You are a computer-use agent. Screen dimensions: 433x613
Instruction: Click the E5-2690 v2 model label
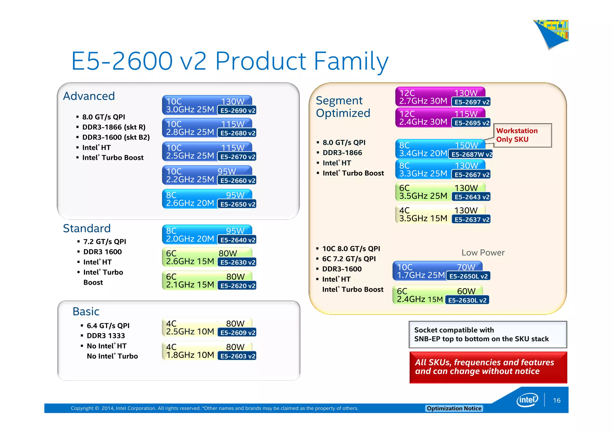pyautogui.click(x=237, y=110)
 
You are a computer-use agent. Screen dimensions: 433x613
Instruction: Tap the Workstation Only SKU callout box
pyautogui.click(x=522, y=135)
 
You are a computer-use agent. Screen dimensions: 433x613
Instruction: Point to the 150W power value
pyautogui.click(x=466, y=145)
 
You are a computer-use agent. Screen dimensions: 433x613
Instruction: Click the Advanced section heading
pyautogui.click(x=89, y=96)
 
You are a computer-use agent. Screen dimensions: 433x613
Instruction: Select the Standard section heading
pyautogui.click(x=87, y=228)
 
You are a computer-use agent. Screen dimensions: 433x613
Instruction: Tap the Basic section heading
pyautogui.click(x=86, y=312)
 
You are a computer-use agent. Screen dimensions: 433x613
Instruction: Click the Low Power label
pyautogui.click(x=483, y=253)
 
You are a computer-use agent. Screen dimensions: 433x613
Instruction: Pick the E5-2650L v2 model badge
pyautogui.click(x=468, y=276)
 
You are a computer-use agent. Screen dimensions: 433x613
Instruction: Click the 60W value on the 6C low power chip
pyautogui.click(x=466, y=291)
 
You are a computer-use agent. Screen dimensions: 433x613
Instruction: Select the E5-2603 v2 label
pyautogui.click(x=237, y=356)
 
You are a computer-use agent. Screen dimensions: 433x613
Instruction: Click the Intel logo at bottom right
pyautogui.click(x=527, y=400)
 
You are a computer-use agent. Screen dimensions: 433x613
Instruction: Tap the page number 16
pyautogui.click(x=556, y=400)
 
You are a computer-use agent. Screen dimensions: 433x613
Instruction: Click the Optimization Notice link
pyautogui.click(x=454, y=408)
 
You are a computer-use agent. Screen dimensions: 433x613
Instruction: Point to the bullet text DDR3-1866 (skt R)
pyautogui.click(x=114, y=127)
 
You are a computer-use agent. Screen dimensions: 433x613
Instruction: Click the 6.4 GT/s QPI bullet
pyautogui.click(x=108, y=326)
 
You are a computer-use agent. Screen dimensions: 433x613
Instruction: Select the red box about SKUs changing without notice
pyautogui.click(x=488, y=367)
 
